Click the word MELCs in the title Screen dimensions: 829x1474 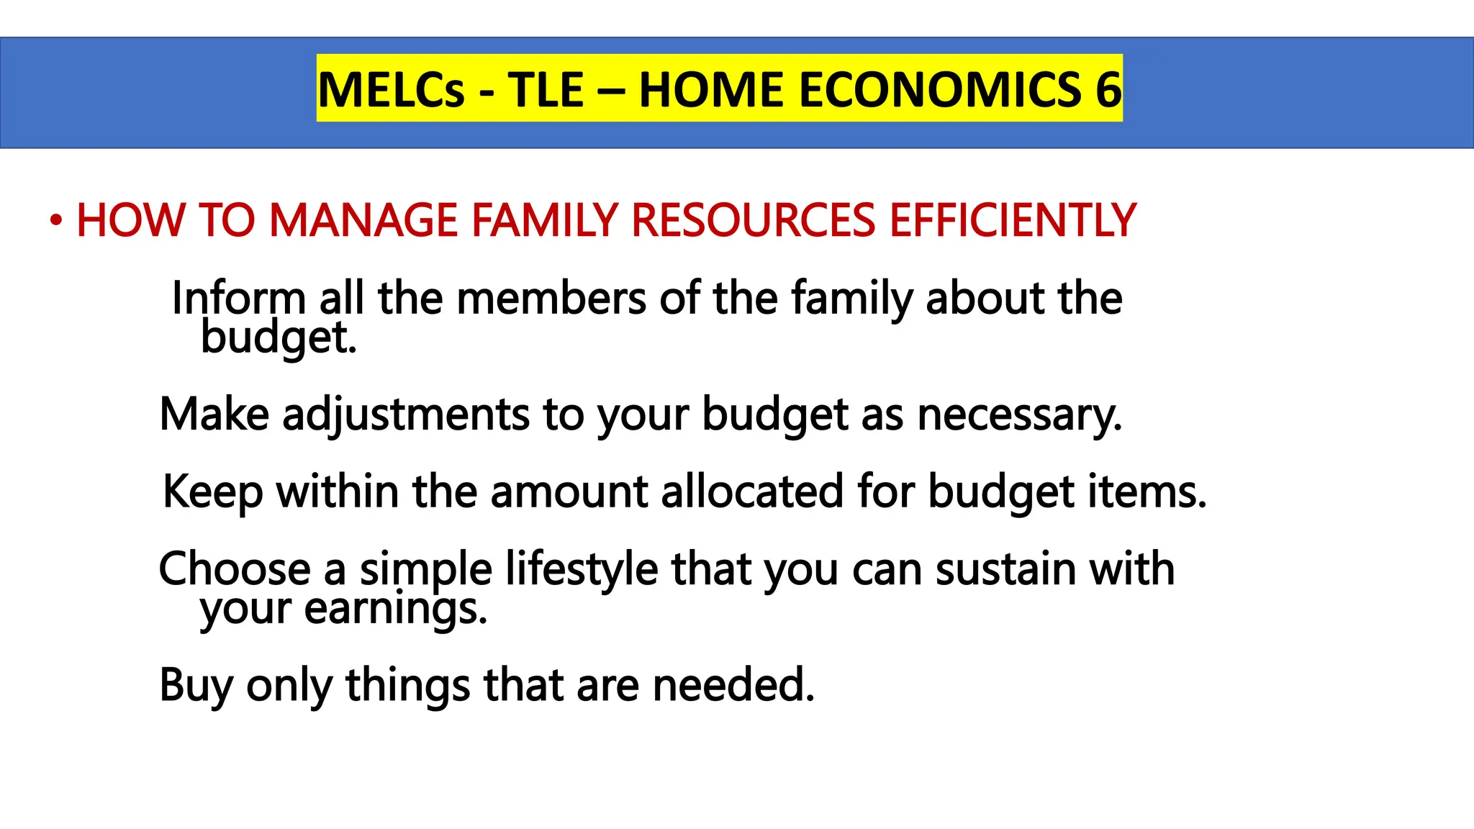point(392,90)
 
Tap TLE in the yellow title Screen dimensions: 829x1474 point(546,90)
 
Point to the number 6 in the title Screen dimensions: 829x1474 point(1108,90)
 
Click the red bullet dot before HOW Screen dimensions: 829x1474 point(56,221)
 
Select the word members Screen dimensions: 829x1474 point(551,298)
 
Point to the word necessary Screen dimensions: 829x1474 point(1020,415)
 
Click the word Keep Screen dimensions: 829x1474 point(213,492)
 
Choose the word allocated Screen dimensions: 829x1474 point(752,492)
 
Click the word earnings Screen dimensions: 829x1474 point(396,609)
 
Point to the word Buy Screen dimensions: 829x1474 point(196,685)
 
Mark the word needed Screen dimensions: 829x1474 point(733,685)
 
